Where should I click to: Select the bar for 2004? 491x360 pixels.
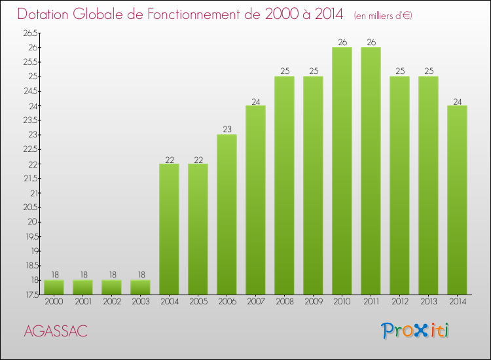pyautogui.click(x=169, y=229)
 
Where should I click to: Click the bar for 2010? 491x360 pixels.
pyautogui.click(x=342, y=171)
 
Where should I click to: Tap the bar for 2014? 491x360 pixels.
pyautogui.click(x=457, y=200)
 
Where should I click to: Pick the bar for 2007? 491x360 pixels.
pyautogui.click(x=255, y=200)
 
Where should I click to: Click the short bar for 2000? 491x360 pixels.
pyautogui.click(x=54, y=287)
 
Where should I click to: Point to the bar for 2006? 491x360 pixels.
pyautogui.click(x=227, y=214)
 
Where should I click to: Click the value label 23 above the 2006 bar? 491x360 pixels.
pyautogui.click(x=227, y=130)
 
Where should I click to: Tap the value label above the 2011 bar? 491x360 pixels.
pyautogui.click(x=371, y=43)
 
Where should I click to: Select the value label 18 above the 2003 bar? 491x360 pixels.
pyautogui.click(x=140, y=275)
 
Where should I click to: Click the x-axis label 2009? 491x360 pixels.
pyautogui.click(x=313, y=301)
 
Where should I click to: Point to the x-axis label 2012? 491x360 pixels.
pyautogui.click(x=399, y=301)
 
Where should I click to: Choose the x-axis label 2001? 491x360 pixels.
pyautogui.click(x=82, y=301)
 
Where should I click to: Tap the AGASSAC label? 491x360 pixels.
pyautogui.click(x=55, y=331)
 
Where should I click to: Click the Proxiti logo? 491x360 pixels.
pyautogui.click(x=415, y=331)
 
